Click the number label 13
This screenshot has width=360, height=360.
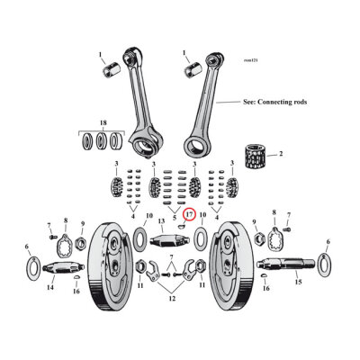pyautogui.click(x=162, y=220)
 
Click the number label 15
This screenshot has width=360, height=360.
pyautogui.click(x=298, y=283)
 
